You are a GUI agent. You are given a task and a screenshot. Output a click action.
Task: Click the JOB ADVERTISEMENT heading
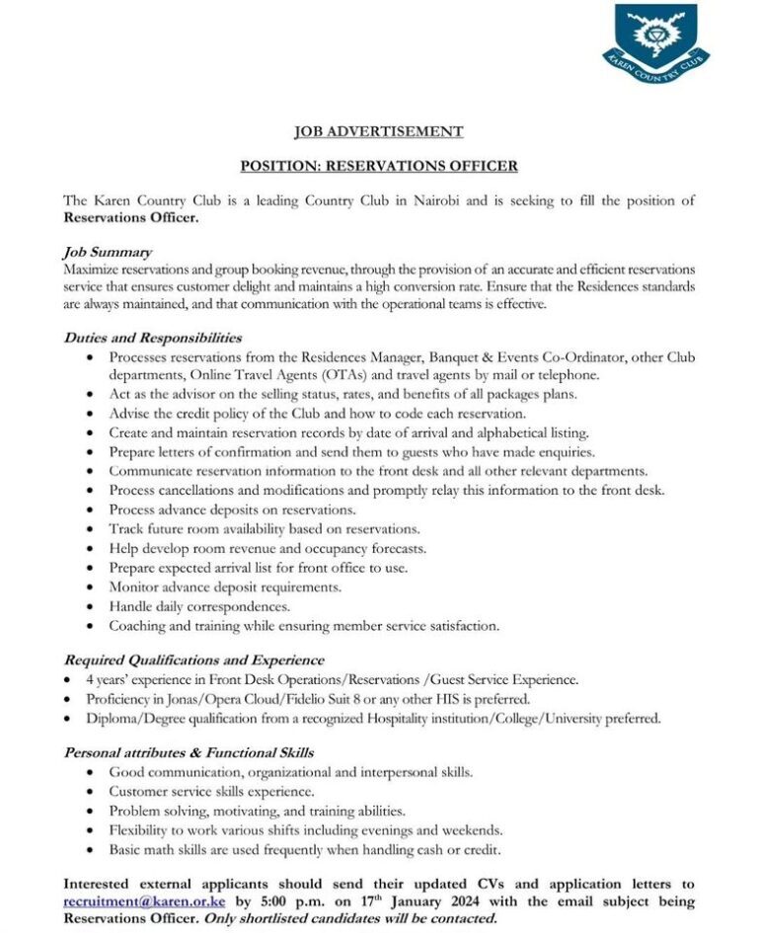point(379,131)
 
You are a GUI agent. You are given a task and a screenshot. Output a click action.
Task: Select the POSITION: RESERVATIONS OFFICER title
point(379,166)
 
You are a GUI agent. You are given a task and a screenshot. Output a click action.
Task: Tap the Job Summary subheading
point(107,253)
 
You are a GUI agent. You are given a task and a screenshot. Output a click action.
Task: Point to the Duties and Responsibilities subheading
point(152,338)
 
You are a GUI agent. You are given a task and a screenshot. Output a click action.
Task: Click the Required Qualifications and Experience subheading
point(193,660)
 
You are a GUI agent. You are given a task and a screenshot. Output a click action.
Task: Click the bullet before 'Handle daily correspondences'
point(92,606)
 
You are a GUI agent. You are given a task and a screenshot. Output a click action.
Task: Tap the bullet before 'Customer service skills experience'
point(92,792)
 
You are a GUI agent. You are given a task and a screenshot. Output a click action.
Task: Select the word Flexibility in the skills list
point(142,829)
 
